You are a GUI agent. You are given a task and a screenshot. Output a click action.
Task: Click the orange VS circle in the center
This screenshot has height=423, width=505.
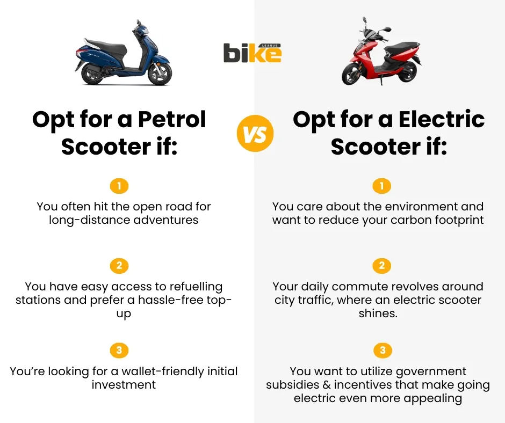point(255,134)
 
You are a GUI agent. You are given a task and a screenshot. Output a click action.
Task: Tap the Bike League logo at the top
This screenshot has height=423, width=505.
point(252,53)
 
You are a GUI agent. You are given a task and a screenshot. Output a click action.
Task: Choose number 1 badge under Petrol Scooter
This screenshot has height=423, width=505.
point(119,186)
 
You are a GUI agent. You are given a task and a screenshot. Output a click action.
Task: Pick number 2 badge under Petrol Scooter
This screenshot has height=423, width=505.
point(119,266)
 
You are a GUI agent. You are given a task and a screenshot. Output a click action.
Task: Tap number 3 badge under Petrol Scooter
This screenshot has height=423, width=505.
point(119,351)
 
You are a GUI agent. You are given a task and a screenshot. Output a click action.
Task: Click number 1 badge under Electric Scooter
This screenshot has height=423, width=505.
point(382,186)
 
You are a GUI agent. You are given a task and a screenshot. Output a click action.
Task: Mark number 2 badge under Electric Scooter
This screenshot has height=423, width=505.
point(382,266)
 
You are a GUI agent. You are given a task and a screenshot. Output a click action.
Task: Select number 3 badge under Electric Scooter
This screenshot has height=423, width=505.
point(382,351)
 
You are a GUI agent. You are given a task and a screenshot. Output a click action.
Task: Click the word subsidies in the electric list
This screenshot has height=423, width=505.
point(291,385)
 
